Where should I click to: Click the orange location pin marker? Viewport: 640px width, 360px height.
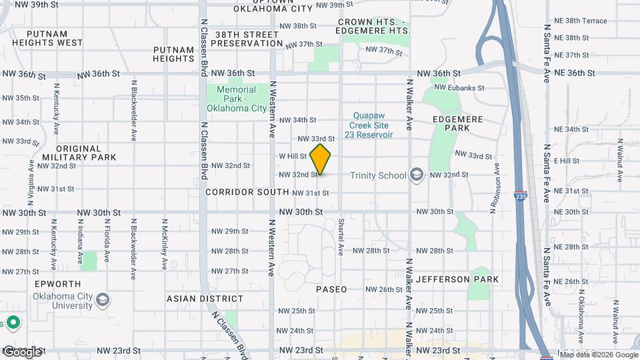pos(321,159)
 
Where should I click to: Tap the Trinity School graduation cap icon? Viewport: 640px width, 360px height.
pos(417,175)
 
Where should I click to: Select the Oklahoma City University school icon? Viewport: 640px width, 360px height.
pos(103,301)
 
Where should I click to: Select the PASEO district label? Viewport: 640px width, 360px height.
pos(332,289)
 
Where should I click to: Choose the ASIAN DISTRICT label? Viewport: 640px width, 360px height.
pos(205,299)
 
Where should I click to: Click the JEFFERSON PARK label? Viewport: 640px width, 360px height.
pos(457,279)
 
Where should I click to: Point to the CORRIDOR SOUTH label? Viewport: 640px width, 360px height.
pos(247,192)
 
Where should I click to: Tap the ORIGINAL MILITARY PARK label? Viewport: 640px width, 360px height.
pos(79,153)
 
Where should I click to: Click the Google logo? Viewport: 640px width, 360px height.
pos(22,351)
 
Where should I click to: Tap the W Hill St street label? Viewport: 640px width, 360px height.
pos(293,156)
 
